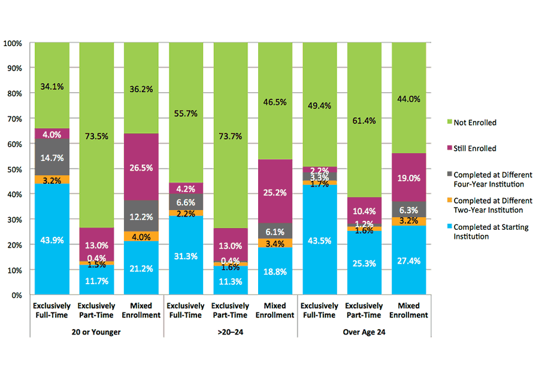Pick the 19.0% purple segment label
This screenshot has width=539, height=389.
409,178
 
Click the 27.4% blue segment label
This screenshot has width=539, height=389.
409,262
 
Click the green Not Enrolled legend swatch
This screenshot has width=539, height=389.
447,123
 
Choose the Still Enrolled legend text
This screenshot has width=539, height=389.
475,148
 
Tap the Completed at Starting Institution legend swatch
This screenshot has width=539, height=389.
447,227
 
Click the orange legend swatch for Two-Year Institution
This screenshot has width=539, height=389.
447,201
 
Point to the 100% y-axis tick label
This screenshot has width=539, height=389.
13,43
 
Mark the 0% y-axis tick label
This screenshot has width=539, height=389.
17,295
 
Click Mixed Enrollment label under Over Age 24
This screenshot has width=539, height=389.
409,311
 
